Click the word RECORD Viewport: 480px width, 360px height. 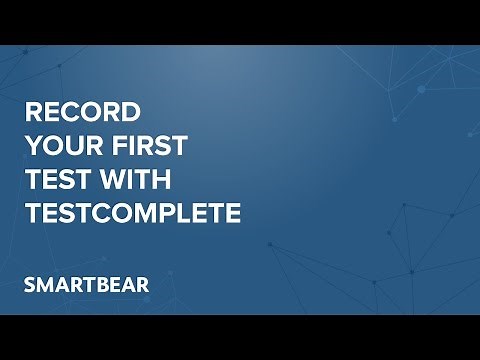click(x=82, y=111)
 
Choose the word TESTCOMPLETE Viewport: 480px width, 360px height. click(x=132, y=214)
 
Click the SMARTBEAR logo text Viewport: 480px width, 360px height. click(x=86, y=284)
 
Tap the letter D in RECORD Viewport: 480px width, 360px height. click(x=131, y=111)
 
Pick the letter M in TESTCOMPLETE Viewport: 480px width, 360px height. click(x=151, y=214)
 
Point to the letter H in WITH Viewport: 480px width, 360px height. click(x=162, y=180)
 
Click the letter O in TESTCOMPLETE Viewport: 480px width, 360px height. click(x=128, y=214)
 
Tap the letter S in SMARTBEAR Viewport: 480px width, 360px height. click(x=30, y=284)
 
